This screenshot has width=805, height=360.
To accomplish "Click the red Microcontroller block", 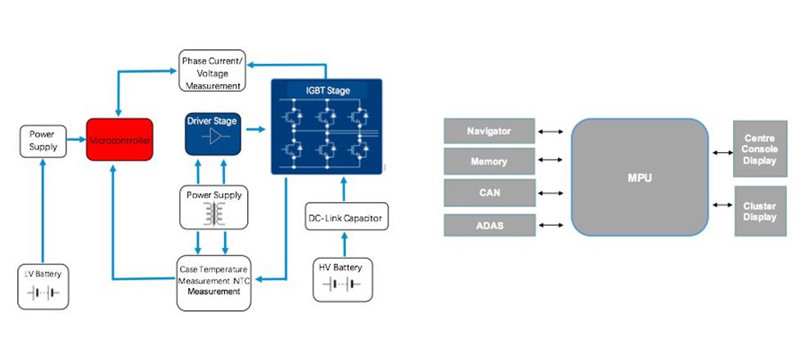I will (119, 140).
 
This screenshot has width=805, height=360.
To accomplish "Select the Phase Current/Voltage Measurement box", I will (212, 70).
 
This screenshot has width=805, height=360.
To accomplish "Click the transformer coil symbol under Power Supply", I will (214, 214).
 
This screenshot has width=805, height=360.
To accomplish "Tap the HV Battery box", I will (343, 279).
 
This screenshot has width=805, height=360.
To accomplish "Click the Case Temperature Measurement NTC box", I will (213, 282).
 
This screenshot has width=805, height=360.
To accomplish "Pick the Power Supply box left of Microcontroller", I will (43, 141).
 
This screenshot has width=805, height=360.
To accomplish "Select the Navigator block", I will (488, 131).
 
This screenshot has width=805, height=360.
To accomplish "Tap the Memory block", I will (488, 162).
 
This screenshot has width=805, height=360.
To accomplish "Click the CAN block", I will (488, 193).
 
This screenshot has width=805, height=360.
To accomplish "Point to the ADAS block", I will (488, 224).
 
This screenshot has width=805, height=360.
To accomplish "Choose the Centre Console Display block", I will (761, 150).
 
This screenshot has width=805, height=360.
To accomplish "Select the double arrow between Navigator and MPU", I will (552, 131).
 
